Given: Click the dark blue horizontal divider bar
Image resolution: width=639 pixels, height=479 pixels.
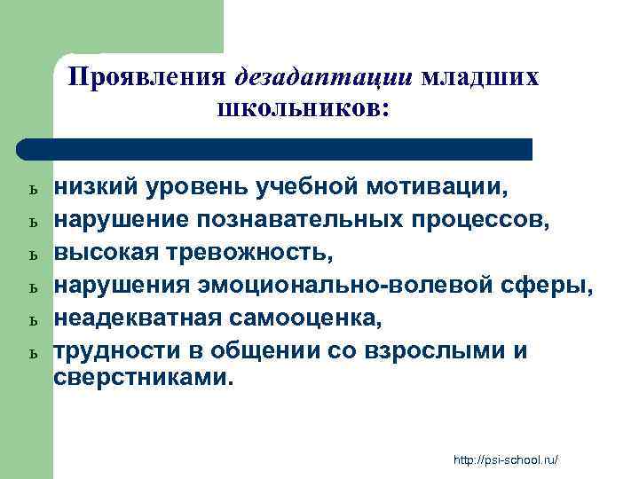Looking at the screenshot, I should pyautogui.click(x=275, y=148).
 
